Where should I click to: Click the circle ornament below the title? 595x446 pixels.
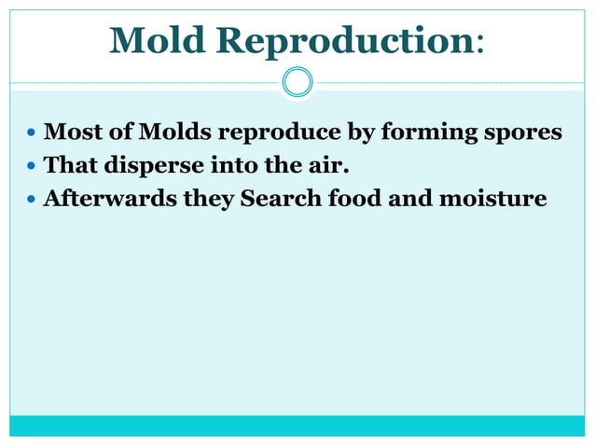coord(297,83)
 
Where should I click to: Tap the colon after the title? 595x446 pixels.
coord(479,44)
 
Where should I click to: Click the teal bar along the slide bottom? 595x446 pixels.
coord(297,425)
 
